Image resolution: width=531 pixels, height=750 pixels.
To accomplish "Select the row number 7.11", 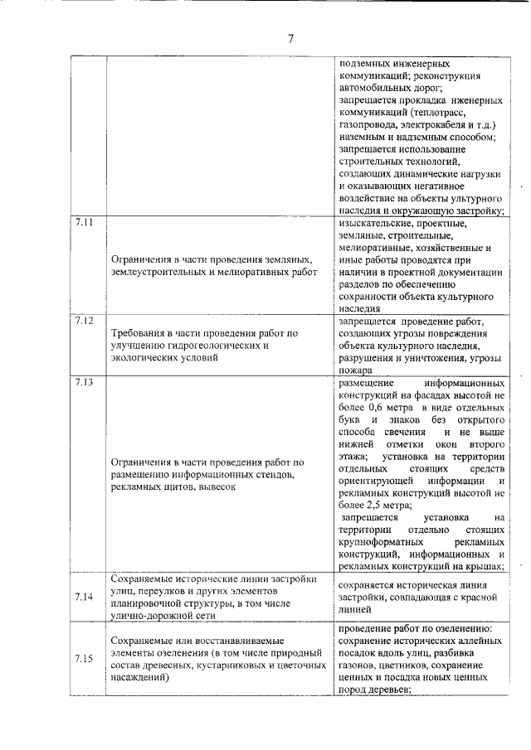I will [84, 224].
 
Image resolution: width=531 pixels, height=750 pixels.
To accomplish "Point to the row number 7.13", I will [84, 383].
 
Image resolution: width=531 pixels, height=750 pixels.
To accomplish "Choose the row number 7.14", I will [83, 597].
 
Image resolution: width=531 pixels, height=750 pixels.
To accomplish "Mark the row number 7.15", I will [83, 659].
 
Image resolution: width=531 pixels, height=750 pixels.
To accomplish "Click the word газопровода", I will [372, 125].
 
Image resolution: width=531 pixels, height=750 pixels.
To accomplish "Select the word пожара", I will [358, 372].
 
